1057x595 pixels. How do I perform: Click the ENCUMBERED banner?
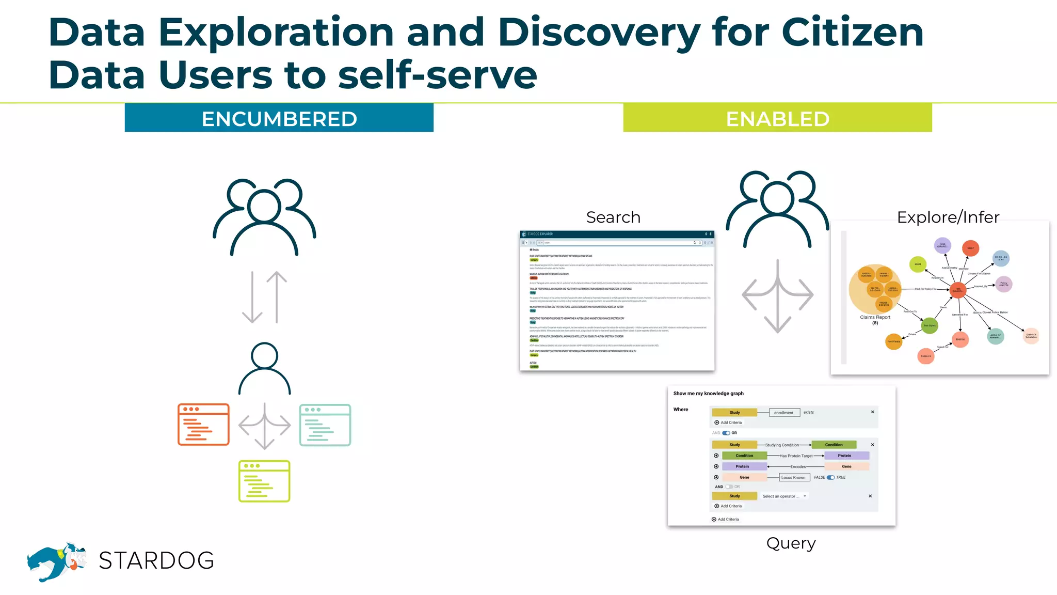279,118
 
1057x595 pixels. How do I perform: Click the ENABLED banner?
777,118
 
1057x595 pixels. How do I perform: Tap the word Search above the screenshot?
613,217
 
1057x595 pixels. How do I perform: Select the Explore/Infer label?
948,217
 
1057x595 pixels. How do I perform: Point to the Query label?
791,543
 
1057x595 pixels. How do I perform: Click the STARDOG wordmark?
156,560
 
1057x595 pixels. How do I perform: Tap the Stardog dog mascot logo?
56,561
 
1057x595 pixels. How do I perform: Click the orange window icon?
203,425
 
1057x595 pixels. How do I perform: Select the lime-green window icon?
264,481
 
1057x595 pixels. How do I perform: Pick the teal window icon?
325,425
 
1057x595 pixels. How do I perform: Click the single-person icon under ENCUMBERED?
264,368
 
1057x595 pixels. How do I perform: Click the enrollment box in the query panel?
784,412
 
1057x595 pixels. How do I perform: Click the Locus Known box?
793,477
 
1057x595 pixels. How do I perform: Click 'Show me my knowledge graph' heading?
708,394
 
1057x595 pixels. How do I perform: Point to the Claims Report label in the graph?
875,318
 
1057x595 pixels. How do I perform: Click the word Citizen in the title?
852,33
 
